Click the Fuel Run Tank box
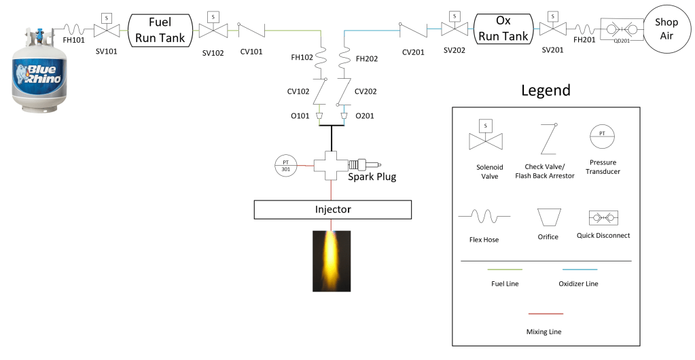coord(160,30)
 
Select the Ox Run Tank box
coord(503,29)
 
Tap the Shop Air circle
coord(666,29)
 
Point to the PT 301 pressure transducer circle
coord(286,165)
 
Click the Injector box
coord(332,209)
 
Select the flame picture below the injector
coord(331,261)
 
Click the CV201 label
coord(413,51)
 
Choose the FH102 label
coord(302,58)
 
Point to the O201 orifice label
coord(365,115)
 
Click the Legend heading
coord(546,90)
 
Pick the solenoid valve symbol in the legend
coord(485,137)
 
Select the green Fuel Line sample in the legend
coord(504,270)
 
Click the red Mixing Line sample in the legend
coord(546,314)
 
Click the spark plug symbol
coord(363,164)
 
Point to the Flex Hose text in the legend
coord(485,239)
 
